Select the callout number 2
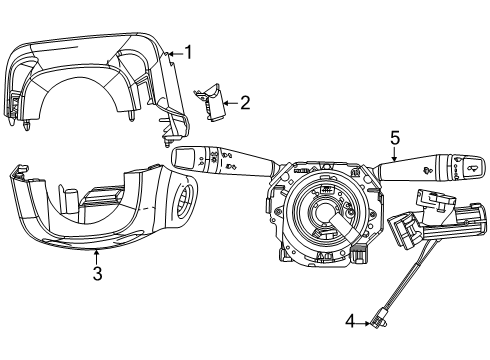click(x=245, y=101)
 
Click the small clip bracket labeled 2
click(x=215, y=103)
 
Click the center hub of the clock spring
click(x=322, y=212)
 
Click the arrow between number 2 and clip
click(x=232, y=101)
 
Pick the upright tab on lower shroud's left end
click(x=13, y=174)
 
